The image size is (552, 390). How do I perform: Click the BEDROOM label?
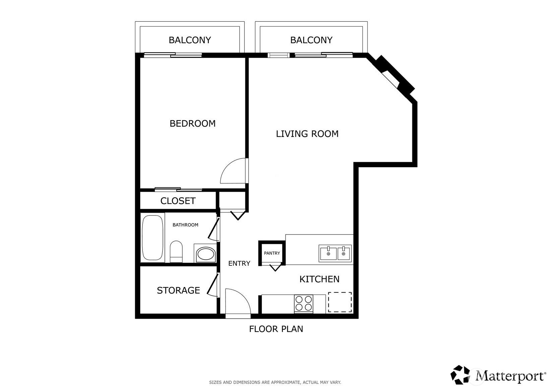click(192, 123)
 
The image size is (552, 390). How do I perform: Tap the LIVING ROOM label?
click(307, 134)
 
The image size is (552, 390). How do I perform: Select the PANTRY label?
click(272, 253)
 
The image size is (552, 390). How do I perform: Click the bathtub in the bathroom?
click(152, 238)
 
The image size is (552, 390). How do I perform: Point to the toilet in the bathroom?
click(176, 251)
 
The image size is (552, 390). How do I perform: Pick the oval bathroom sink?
click(205, 254)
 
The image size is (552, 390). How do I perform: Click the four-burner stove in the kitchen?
click(304, 303)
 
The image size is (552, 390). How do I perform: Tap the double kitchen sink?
click(335, 253)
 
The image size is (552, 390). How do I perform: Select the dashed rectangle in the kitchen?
click(340, 302)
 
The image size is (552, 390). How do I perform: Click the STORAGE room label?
click(178, 290)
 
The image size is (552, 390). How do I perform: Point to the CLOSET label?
click(178, 201)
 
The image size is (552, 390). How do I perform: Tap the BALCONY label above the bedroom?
click(190, 40)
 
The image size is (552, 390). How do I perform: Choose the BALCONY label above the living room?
click(311, 40)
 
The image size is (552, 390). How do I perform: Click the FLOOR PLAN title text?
click(276, 329)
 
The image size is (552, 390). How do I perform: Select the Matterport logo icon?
click(460, 375)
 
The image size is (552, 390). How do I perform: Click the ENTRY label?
click(239, 264)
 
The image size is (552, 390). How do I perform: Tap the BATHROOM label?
click(185, 225)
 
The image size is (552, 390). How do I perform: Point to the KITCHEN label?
click(319, 279)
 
